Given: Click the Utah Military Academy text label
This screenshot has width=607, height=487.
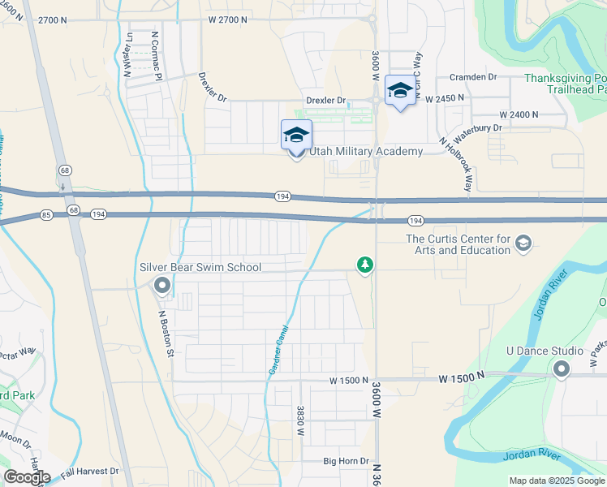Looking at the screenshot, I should tap(364, 152).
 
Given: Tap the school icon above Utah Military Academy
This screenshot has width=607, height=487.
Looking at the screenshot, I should tap(296, 135).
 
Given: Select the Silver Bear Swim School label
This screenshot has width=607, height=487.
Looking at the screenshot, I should tap(200, 267).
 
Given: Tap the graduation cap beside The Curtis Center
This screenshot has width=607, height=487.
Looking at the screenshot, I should tap(523, 243).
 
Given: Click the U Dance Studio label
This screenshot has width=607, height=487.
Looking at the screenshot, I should tap(545, 351).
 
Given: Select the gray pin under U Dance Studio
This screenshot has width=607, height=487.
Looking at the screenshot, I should tap(562, 369).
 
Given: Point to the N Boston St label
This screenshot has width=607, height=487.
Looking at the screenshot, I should tap(166, 334).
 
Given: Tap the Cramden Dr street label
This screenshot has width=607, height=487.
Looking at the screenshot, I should tap(473, 77).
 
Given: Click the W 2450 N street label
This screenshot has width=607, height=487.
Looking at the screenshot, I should tap(443, 97).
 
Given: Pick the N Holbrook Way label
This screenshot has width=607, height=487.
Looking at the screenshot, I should tap(456, 164).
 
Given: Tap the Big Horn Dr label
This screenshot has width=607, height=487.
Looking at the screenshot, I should tap(347, 461).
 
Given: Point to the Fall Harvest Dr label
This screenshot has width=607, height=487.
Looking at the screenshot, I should tap(89, 471).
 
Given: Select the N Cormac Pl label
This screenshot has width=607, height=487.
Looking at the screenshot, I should tap(157, 54).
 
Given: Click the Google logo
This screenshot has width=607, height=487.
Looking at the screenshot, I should tap(27, 476).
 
